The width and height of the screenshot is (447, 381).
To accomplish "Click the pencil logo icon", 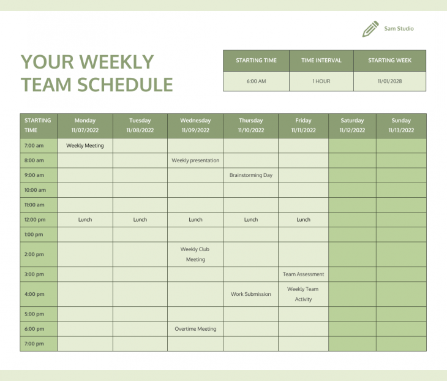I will click(x=370, y=29).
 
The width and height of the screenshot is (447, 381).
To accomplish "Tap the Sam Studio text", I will click(x=399, y=29).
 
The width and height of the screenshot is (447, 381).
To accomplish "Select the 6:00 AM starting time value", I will click(x=256, y=81).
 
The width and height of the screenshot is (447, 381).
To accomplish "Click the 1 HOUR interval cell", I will click(x=321, y=81).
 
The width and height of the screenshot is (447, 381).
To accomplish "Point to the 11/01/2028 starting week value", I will click(x=390, y=81).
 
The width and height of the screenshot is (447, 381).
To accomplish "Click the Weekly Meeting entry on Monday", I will click(x=85, y=146).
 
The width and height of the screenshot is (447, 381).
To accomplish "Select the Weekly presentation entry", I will click(x=195, y=160).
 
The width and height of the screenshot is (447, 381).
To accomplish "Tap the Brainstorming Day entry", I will click(x=251, y=175).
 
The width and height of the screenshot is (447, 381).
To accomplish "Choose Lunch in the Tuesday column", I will click(x=140, y=219).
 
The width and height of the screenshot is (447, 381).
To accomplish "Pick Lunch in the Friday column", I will click(x=303, y=219).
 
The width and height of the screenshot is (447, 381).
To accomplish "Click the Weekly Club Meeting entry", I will click(x=195, y=254).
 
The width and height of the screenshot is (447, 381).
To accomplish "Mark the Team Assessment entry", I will click(x=303, y=274).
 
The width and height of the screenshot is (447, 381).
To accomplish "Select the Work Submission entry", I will click(x=251, y=294).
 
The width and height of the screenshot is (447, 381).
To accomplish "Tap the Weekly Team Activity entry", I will click(x=303, y=294).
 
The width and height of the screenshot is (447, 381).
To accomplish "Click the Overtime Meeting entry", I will click(x=195, y=329).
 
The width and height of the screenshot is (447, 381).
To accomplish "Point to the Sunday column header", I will click(x=401, y=125).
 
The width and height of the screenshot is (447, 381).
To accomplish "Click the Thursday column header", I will click(x=251, y=125).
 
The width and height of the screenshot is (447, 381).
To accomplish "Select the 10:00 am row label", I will click(x=35, y=190).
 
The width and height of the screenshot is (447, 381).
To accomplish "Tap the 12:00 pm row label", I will click(x=34, y=219).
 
